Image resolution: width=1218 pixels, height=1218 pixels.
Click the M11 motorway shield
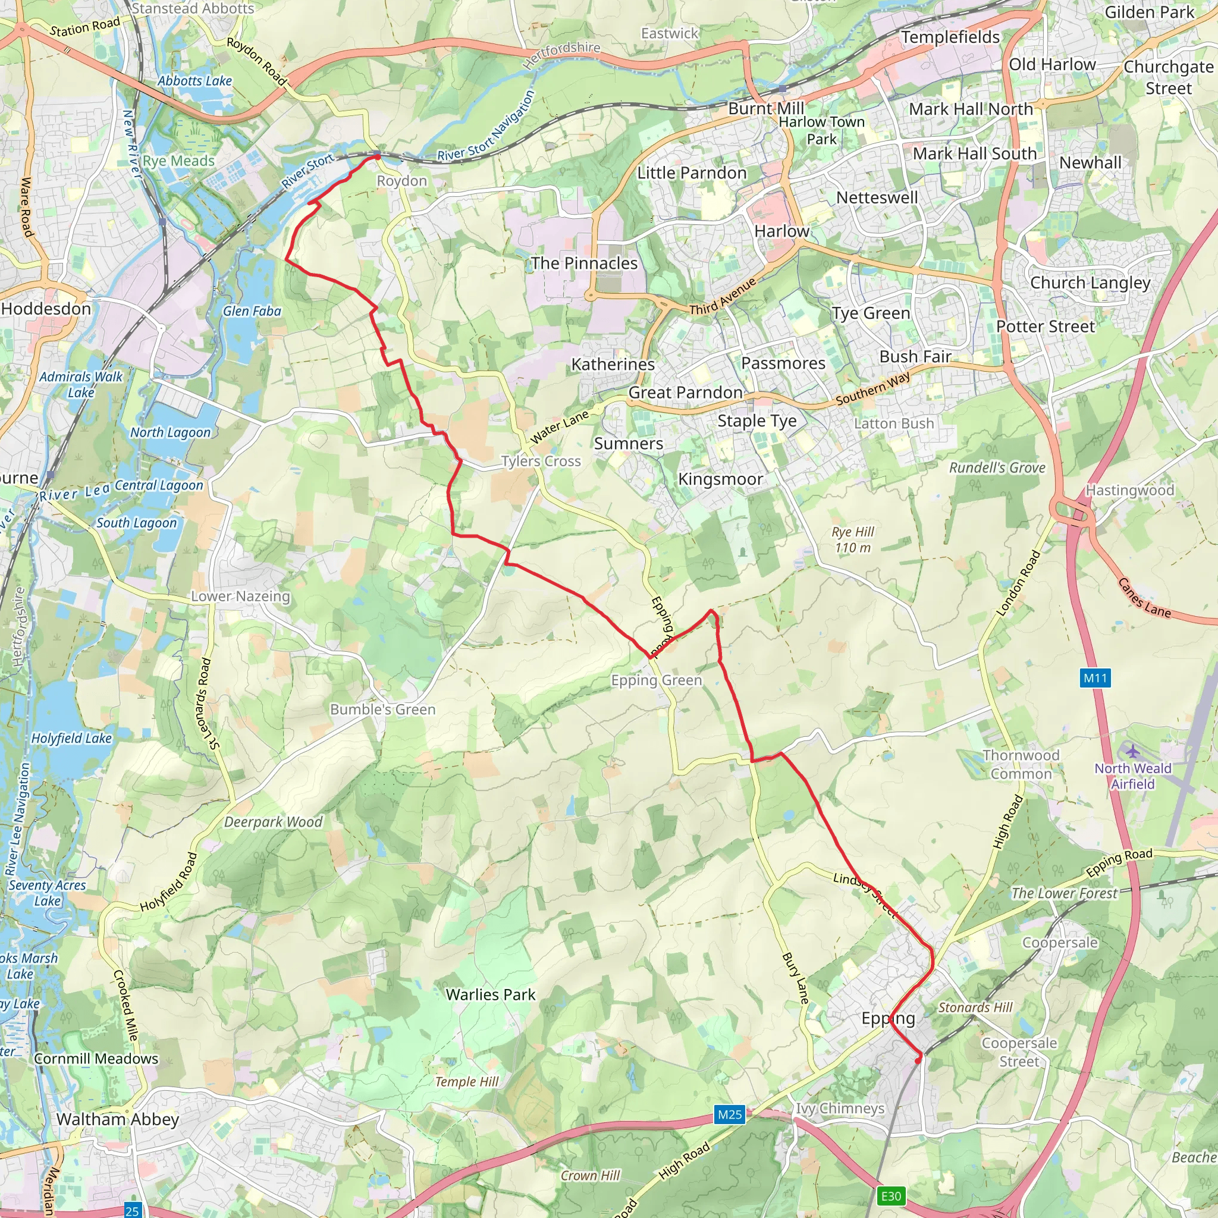(x=1095, y=679)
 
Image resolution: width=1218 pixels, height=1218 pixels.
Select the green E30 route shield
(x=891, y=1196)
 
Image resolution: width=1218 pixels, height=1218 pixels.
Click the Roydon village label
(x=401, y=181)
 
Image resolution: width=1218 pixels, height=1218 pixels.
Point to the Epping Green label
(x=657, y=680)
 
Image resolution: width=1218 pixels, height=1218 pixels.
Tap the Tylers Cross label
(x=541, y=461)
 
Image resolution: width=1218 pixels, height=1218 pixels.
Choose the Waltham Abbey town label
(x=118, y=1119)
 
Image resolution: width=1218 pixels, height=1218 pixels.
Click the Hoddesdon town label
(x=46, y=309)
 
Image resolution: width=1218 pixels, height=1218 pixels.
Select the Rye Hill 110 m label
(x=853, y=539)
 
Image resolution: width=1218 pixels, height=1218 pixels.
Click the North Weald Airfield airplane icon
(x=1133, y=751)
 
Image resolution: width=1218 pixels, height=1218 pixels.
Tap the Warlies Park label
(x=491, y=994)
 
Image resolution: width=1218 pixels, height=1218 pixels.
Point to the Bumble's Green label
(x=382, y=710)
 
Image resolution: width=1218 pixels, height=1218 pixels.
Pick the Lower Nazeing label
(x=240, y=597)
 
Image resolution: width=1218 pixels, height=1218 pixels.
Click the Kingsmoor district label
(x=721, y=479)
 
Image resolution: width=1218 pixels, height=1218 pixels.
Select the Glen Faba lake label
(x=252, y=311)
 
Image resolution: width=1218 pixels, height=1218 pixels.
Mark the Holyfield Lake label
(x=71, y=738)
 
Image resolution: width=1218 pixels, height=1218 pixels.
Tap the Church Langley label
(x=1090, y=282)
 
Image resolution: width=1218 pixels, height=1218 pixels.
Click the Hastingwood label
(x=1130, y=490)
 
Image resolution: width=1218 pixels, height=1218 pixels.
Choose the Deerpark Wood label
(x=273, y=822)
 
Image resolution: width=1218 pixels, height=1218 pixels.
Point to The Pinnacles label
(x=584, y=263)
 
